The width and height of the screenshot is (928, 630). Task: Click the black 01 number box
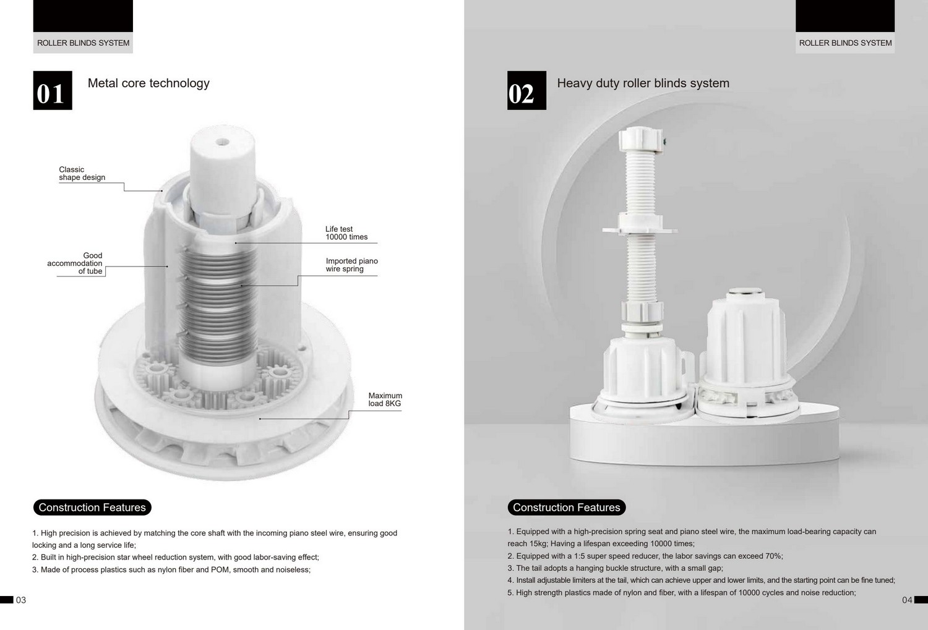point(53,90)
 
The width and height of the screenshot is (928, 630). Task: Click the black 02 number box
point(526,90)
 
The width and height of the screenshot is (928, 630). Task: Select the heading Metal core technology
point(148,83)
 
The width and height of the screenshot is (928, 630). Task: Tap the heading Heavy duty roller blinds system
point(643,83)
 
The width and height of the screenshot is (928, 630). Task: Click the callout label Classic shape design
point(82,174)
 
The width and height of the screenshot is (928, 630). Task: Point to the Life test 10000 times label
point(346,233)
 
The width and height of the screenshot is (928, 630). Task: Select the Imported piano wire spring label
point(352,265)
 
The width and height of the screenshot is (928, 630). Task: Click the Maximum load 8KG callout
point(385,399)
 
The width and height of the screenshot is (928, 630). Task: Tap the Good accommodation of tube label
point(75,263)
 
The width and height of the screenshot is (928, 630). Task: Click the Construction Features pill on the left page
point(92,507)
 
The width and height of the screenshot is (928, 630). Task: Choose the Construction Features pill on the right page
point(566,507)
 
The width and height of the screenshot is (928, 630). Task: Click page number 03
point(20,600)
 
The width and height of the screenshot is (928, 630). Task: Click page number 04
point(907,600)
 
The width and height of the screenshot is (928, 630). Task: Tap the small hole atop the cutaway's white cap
point(223,142)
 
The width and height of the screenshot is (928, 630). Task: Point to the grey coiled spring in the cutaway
point(218,306)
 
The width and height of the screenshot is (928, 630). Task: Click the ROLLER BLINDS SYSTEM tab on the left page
point(83,43)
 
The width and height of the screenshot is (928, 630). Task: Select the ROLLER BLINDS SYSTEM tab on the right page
point(845,43)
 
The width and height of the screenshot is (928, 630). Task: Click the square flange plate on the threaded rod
point(640,229)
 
